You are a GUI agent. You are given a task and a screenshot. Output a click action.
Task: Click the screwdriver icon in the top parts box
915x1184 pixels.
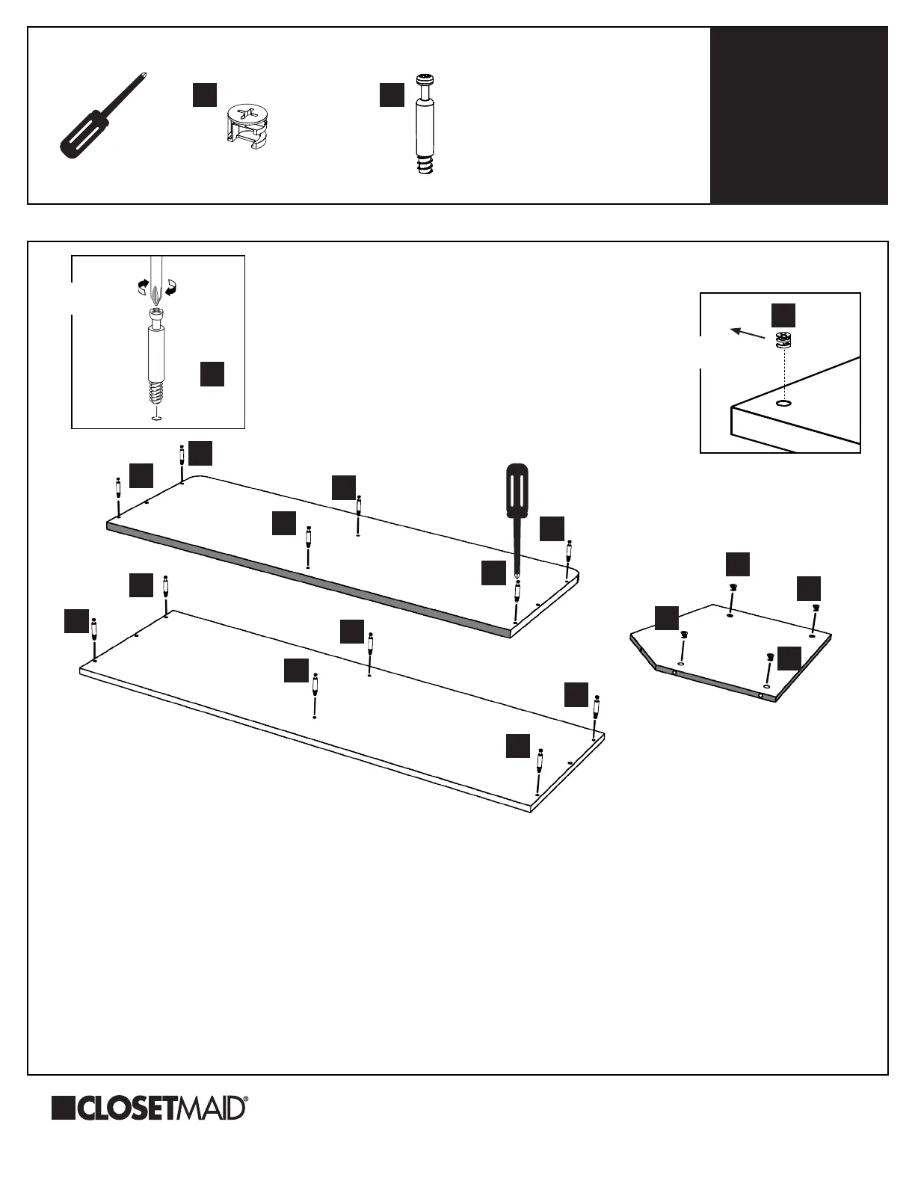click(100, 118)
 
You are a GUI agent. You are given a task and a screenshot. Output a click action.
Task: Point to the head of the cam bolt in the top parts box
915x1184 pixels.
click(426, 80)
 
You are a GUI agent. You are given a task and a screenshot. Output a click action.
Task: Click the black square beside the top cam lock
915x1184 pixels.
click(205, 94)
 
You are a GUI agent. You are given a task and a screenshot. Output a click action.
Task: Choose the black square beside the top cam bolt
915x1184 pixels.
click(392, 94)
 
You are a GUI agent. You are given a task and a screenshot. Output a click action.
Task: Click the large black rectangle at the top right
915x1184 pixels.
click(798, 116)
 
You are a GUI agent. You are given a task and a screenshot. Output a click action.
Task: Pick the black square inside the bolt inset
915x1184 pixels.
click(212, 374)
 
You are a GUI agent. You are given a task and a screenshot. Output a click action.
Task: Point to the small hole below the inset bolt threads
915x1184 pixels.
click(156, 418)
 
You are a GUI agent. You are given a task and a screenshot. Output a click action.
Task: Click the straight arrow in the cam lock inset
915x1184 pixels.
click(748, 331)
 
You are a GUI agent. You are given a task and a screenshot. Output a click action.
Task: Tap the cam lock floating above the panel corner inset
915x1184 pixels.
click(783, 341)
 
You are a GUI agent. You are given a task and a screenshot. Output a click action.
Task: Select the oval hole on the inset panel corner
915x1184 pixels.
click(783, 404)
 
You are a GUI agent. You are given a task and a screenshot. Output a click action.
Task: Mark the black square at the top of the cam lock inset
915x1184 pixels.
click(783, 315)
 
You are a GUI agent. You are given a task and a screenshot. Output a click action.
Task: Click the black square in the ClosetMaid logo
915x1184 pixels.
click(63, 1109)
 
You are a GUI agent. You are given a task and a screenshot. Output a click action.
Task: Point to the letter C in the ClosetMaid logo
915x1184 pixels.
click(87, 1109)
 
